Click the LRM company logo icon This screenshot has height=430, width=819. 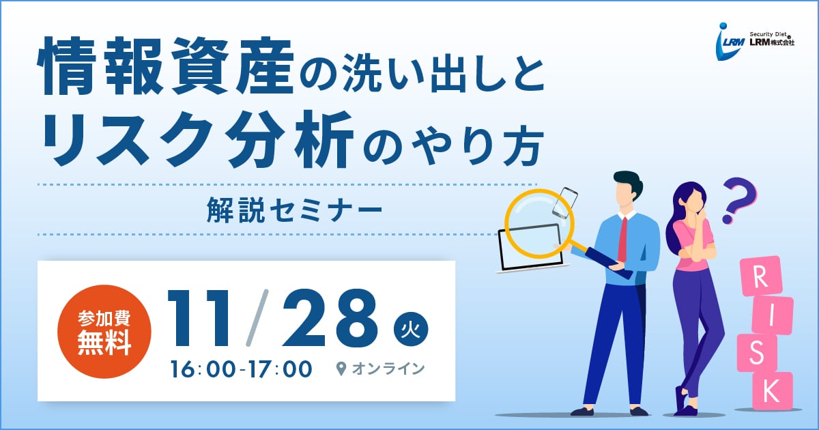pyautogui.click(x=730, y=42)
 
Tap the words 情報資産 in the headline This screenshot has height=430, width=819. pyautogui.click(x=166, y=66)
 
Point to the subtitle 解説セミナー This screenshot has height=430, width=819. pyautogui.click(x=294, y=210)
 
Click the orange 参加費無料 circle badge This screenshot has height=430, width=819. pyautogui.click(x=104, y=332)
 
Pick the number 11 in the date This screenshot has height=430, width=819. pyautogui.click(x=199, y=318)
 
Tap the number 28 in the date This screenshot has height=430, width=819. pyautogui.click(x=329, y=318)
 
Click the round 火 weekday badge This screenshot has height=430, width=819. pyautogui.click(x=411, y=329)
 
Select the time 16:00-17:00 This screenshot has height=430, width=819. pyautogui.click(x=242, y=369)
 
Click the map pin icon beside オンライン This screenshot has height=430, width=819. pyautogui.click(x=341, y=369)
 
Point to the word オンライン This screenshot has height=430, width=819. pyautogui.click(x=388, y=369)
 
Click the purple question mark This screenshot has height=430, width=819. pyautogui.click(x=738, y=200)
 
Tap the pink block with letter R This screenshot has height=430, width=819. pyautogui.click(x=760, y=276)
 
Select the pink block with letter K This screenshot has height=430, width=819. pyautogui.click(x=772, y=390)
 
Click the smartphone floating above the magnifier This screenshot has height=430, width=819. pyautogui.click(x=565, y=203)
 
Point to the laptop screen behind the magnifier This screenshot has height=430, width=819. pyautogui.click(x=530, y=248)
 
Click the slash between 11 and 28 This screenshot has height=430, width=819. pyautogui.click(x=257, y=318)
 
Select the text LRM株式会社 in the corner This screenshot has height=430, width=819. pyautogui.click(x=772, y=42)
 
